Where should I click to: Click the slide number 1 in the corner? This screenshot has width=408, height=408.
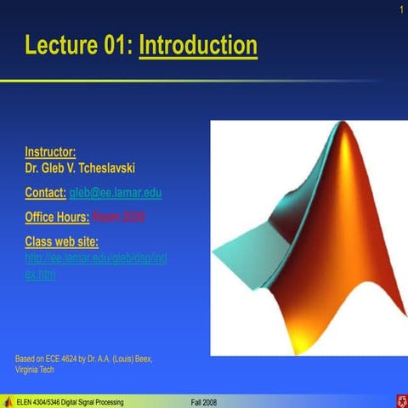tap(398, 9)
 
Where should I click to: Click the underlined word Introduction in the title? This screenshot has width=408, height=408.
tap(197, 44)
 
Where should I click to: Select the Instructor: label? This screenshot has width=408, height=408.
tap(50, 153)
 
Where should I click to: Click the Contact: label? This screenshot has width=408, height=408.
tap(44, 193)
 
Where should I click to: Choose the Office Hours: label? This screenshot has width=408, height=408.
tap(57, 217)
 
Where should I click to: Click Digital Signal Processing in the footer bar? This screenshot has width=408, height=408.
tap(94, 401)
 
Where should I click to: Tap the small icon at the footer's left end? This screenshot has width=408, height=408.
tap(7, 401)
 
